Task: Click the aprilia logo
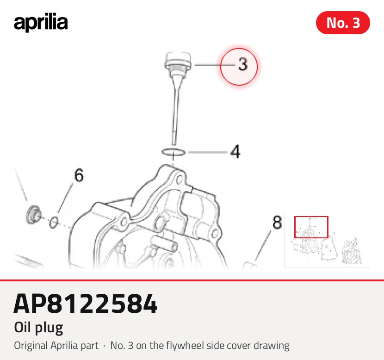coord(41,23)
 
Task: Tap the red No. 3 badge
coord(343,23)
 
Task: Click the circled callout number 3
coord(243,64)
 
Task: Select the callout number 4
coord(235,151)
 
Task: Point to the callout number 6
coord(79,175)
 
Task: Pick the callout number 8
coord(277,223)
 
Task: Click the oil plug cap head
coord(178,61)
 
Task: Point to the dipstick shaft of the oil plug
coord(175,110)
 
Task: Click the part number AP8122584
coord(86,304)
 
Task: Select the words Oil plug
coord(38,328)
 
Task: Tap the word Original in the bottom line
coord(31,346)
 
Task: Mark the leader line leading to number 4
coord(208,152)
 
